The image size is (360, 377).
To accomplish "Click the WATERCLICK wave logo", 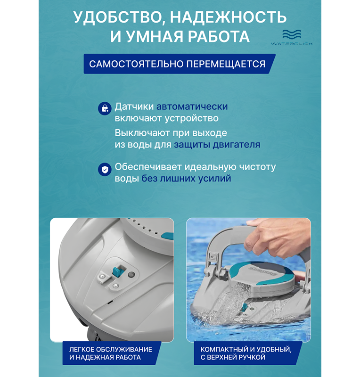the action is tap(292, 37).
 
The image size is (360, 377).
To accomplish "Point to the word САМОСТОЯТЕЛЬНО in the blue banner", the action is tap(136, 64).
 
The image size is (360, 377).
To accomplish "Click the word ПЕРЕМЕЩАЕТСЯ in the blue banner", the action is tap(226, 64).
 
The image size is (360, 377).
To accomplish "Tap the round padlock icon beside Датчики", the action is tap(105, 108).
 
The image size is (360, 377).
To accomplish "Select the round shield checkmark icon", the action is tap(105, 170).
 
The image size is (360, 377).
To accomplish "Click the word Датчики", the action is tap(134, 107).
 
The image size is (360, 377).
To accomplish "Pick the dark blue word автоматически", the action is tap(192, 107).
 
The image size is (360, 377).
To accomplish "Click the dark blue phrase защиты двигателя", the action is tap(217, 145).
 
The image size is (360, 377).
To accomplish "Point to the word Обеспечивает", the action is tap(148, 167).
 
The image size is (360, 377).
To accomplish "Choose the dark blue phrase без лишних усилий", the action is tap(186, 179).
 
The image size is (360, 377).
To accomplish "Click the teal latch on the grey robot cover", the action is tap(118, 271).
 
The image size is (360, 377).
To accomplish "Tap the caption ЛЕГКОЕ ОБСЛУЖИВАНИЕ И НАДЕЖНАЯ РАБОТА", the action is tap(111, 353).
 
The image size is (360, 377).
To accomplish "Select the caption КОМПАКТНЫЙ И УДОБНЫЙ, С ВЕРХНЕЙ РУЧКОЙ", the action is tap(246, 353).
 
